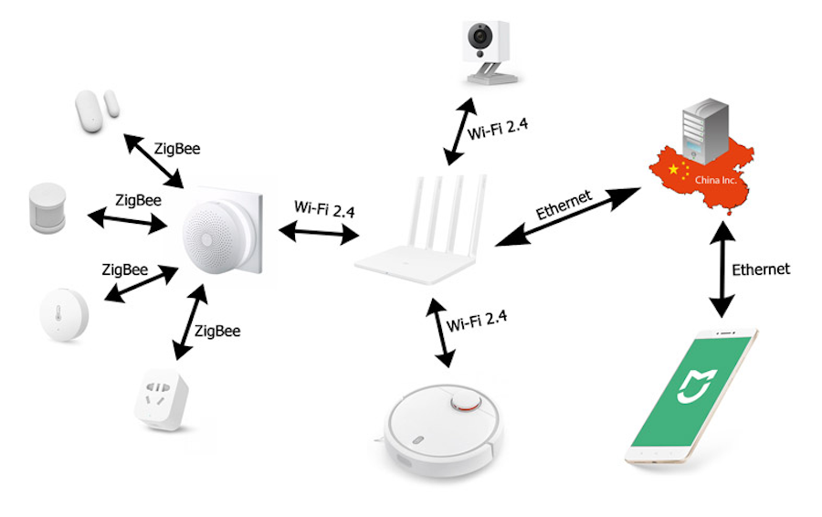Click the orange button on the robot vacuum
point(467,403)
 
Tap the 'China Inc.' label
point(715,181)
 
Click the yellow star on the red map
point(675,170)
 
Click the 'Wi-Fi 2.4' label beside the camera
point(499,131)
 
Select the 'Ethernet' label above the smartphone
point(761,269)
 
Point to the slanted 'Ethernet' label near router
point(564,204)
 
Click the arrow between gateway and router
point(318,234)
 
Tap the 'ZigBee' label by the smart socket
point(217,331)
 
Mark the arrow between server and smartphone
point(722,273)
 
